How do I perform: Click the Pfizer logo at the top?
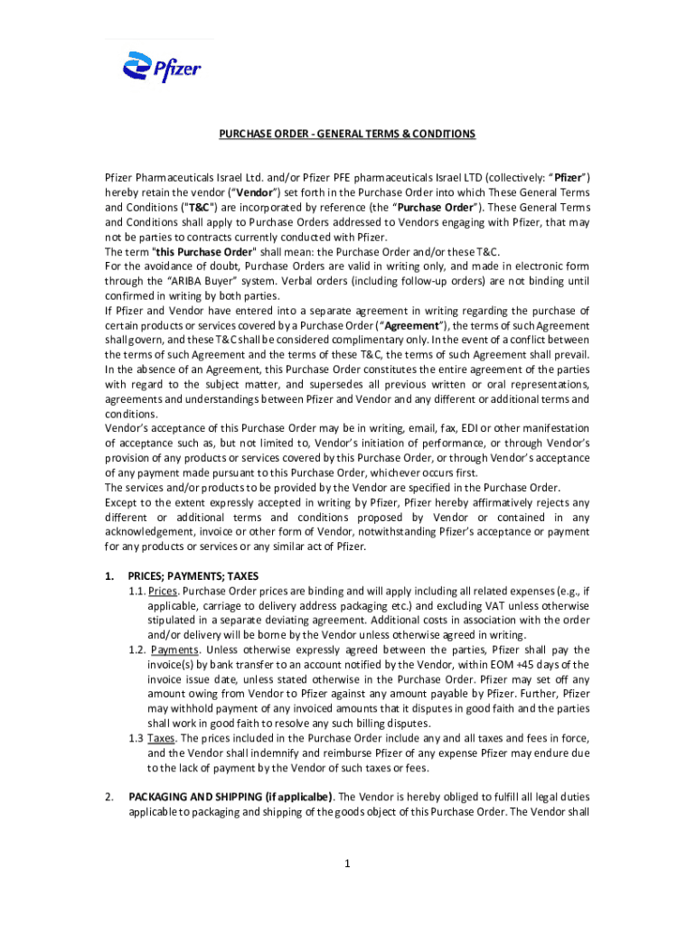click(x=162, y=67)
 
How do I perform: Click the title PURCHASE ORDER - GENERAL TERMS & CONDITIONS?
click(x=347, y=135)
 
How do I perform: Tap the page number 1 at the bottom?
click(x=347, y=864)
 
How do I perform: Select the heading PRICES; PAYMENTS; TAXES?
click(x=193, y=575)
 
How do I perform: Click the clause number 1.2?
click(x=137, y=649)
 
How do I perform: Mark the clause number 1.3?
click(x=137, y=738)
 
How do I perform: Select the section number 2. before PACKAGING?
click(x=108, y=796)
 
